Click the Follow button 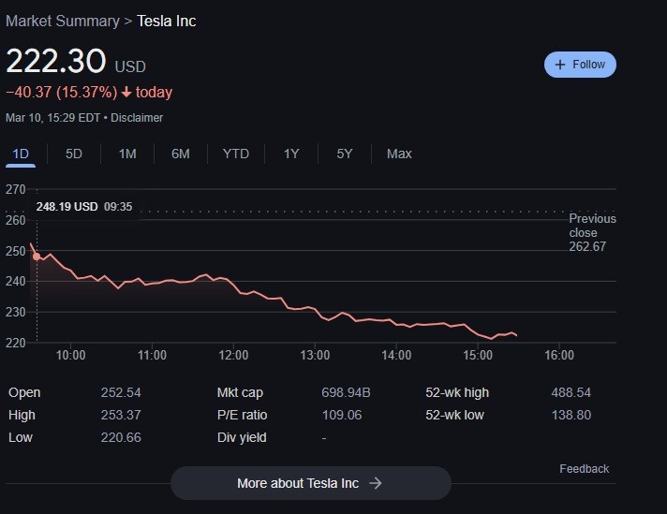click(x=580, y=65)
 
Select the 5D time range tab click(x=74, y=154)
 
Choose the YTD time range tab click(x=236, y=154)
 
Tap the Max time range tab click(x=399, y=154)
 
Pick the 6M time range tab click(x=181, y=154)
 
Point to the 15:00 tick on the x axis click(x=478, y=355)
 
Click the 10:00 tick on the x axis click(x=71, y=355)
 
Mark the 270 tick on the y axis click(x=16, y=189)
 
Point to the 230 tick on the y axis click(x=16, y=312)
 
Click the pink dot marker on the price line click(x=37, y=256)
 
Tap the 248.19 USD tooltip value click(x=67, y=207)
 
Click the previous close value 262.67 click(x=587, y=246)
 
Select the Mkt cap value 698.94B click(x=346, y=392)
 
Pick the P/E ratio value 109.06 click(x=341, y=415)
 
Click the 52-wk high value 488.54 click(x=571, y=392)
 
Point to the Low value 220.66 click(x=120, y=437)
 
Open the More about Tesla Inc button click(x=310, y=483)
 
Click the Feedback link click(x=584, y=468)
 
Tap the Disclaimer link click(x=137, y=118)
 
